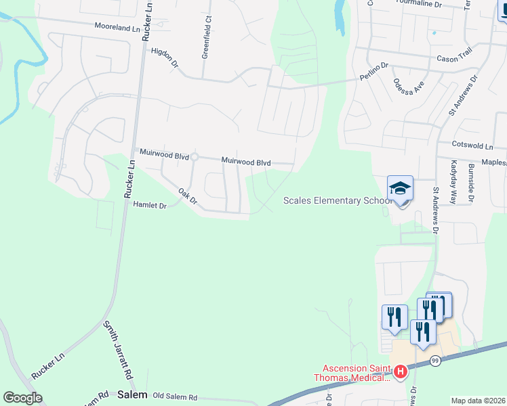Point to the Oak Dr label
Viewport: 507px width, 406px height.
187,196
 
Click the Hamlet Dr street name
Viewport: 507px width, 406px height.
150,204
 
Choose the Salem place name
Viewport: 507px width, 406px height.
132,394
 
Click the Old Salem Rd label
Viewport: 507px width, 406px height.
175,397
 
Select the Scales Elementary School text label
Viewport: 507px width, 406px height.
337,200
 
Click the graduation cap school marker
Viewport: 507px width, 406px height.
400,189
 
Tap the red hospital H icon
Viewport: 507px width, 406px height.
401,371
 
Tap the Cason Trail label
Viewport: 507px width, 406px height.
455,59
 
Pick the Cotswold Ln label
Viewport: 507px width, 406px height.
472,145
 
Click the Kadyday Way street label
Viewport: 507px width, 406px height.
453,182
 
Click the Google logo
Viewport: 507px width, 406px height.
22,398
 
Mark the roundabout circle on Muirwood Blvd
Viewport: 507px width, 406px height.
194,157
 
